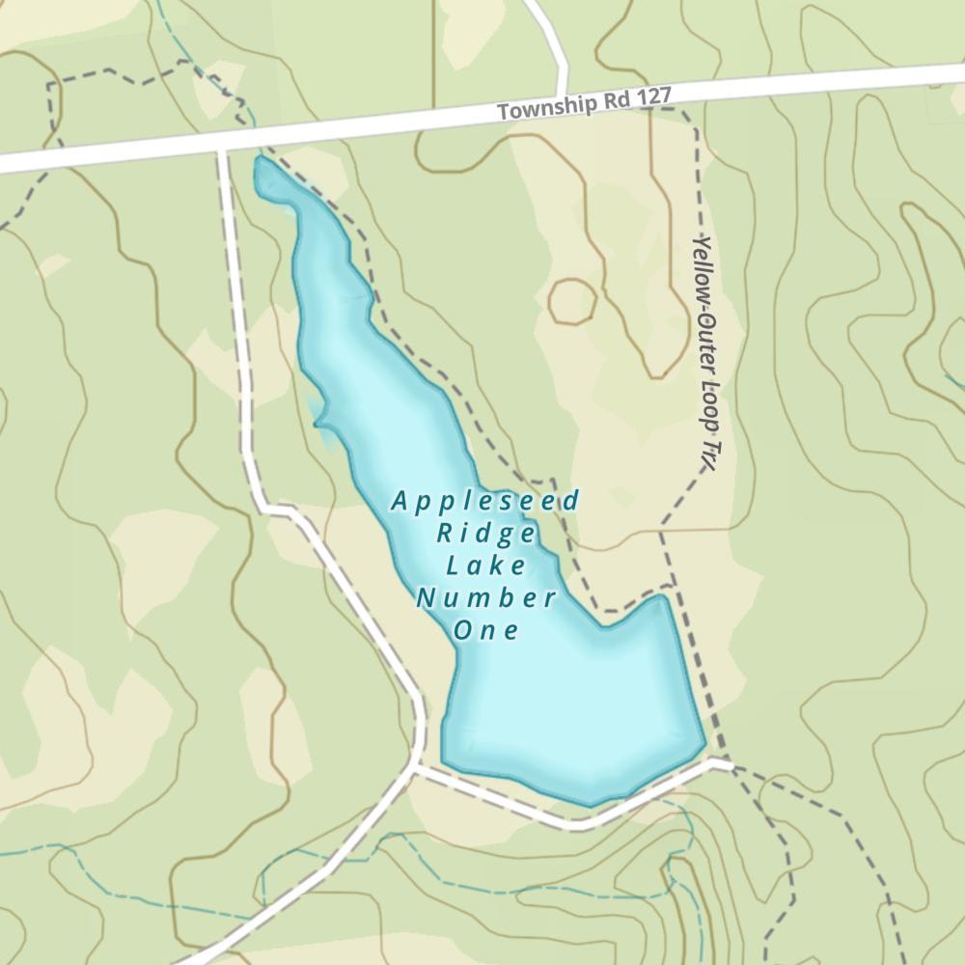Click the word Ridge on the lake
(x=485, y=534)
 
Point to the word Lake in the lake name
(x=485, y=565)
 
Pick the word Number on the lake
(x=485, y=598)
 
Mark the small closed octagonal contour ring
(x=571, y=301)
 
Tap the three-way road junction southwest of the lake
(x=415, y=767)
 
